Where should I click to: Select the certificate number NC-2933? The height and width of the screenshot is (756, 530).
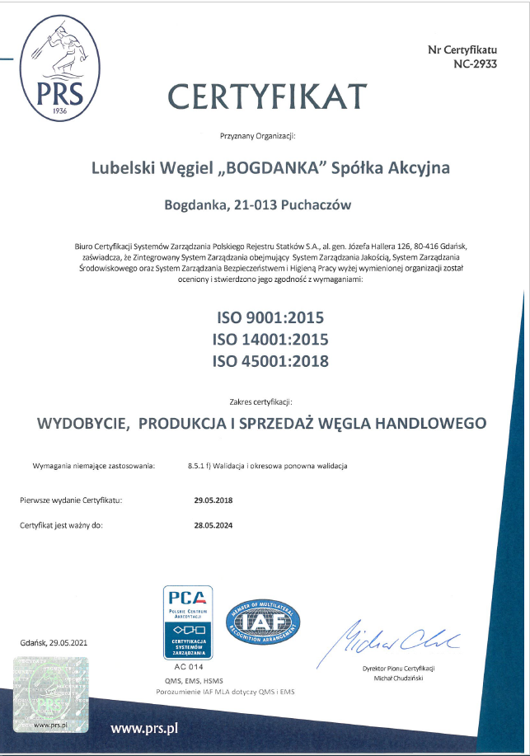pyautogui.click(x=475, y=63)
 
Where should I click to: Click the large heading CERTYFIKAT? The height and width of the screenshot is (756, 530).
pyautogui.click(x=267, y=97)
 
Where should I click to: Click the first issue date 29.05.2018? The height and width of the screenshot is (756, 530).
pyautogui.click(x=213, y=500)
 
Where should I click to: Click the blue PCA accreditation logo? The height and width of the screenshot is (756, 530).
pyautogui.click(x=190, y=622)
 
